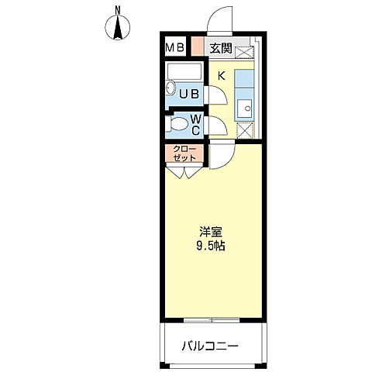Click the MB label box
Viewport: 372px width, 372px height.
click(174, 48)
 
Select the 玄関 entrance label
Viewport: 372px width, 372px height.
click(221, 49)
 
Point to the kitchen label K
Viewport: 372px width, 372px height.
click(221, 75)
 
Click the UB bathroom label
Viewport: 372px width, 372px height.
click(190, 95)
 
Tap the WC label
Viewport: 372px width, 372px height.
click(196, 125)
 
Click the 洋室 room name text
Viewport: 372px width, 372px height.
click(210, 231)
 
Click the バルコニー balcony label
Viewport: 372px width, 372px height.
click(210, 346)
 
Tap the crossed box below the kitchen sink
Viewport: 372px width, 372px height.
click(245, 131)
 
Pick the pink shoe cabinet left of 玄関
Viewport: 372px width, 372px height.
click(198, 47)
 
